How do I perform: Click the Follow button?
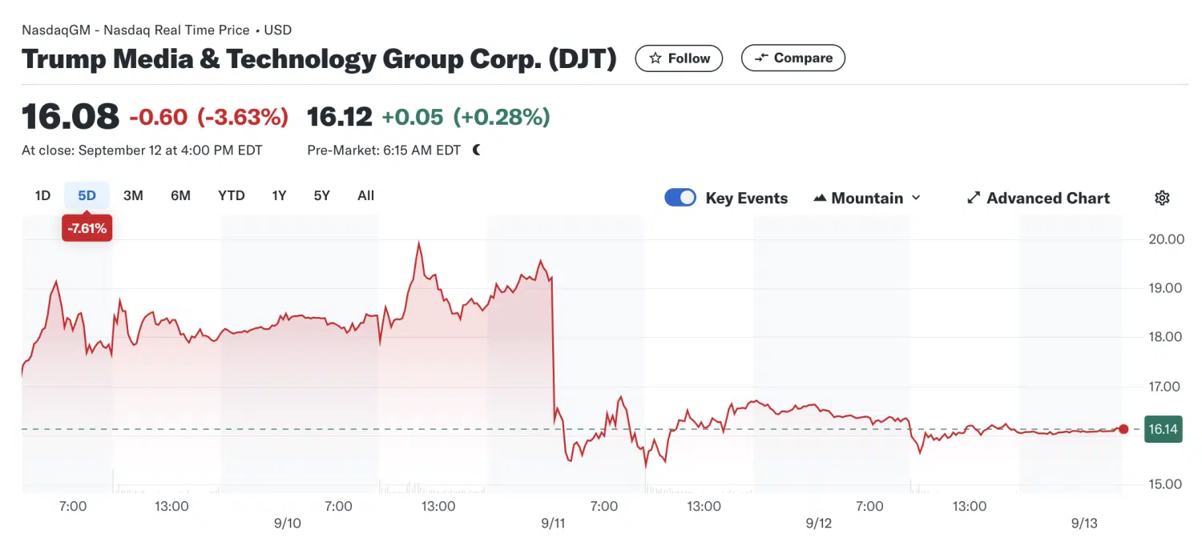[x=679, y=58]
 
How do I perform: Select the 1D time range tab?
[x=42, y=195]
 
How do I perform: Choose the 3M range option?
[x=133, y=195]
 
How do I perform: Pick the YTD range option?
[x=232, y=195]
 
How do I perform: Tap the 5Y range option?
[x=321, y=195]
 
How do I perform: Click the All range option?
[x=365, y=195]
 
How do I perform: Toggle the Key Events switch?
[x=680, y=198]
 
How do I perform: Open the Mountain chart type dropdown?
[x=867, y=198]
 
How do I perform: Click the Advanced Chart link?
[x=1039, y=198]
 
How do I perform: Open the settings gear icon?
[x=1162, y=198]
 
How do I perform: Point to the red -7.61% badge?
[x=87, y=229]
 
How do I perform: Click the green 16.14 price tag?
[x=1163, y=429]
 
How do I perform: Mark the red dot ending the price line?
[x=1123, y=429]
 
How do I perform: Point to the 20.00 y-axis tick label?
[x=1166, y=239]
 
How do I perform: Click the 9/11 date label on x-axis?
[x=553, y=524]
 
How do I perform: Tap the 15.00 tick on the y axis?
[x=1166, y=484]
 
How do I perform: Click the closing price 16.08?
[x=71, y=117]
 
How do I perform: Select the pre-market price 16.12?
[x=340, y=117]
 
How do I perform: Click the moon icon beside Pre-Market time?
[x=477, y=150]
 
